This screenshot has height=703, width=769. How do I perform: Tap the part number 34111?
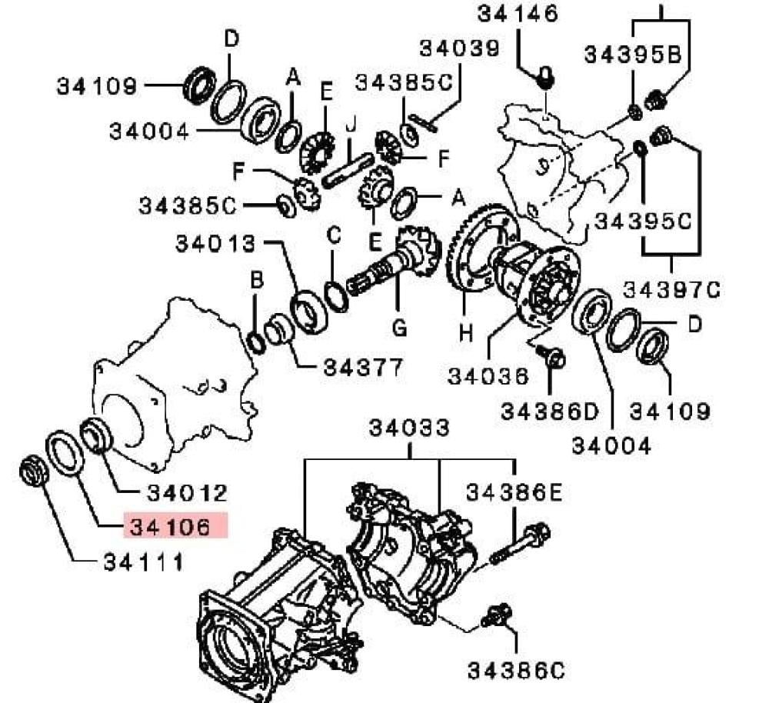[x=143, y=562]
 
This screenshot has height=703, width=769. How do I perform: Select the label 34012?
[x=188, y=493]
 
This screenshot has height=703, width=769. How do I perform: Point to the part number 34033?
[x=409, y=428]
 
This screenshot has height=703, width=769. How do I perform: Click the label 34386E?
[x=514, y=492]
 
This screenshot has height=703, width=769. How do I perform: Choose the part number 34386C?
[x=517, y=671]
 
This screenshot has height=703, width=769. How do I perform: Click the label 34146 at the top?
[x=518, y=13]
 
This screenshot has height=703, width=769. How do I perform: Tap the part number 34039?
[x=460, y=48]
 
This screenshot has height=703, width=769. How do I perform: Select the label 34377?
[x=363, y=367]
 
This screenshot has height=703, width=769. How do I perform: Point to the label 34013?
[x=216, y=243]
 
